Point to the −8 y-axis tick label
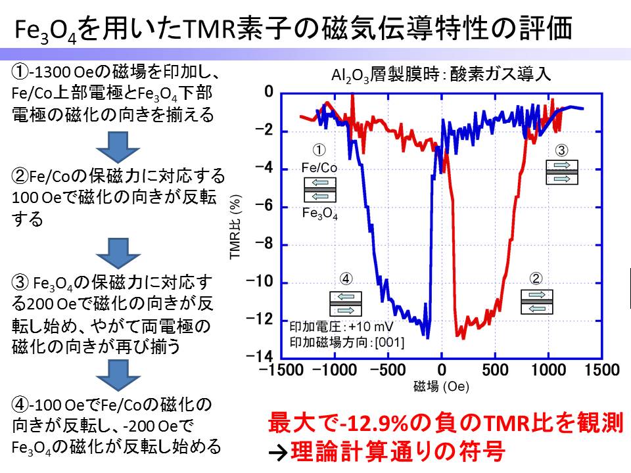(x=264, y=244)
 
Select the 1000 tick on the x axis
(x=548, y=370)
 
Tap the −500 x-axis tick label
(x=388, y=370)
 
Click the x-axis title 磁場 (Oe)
(x=441, y=386)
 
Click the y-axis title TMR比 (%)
(x=235, y=227)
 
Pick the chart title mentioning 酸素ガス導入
(x=440, y=74)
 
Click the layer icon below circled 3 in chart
(x=562, y=172)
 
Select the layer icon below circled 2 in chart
(x=537, y=302)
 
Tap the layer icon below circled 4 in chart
(x=346, y=304)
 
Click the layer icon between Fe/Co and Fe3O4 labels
(x=320, y=190)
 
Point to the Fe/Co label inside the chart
(x=319, y=168)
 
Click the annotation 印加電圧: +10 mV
(x=341, y=327)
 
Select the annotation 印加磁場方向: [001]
(x=347, y=342)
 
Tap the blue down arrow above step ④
(x=118, y=375)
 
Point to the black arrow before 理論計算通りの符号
(x=278, y=453)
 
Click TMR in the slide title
(x=209, y=29)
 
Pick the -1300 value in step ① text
(x=50, y=72)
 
